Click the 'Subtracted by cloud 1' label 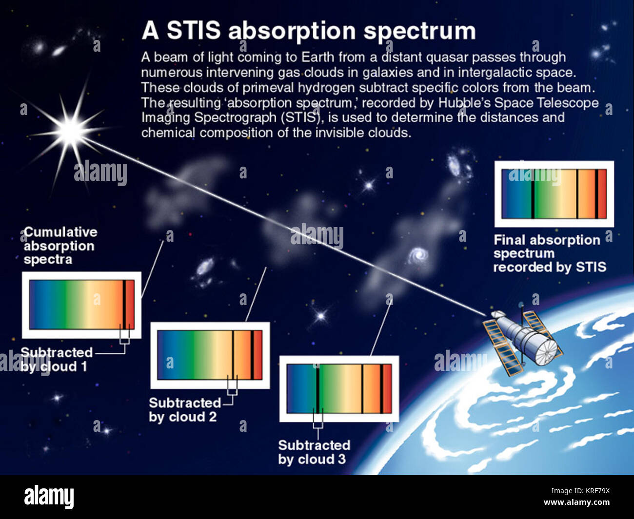tap(57, 360)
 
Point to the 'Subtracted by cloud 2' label tap(184, 410)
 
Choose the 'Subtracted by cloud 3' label tap(314, 452)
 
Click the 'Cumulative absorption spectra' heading tap(59, 246)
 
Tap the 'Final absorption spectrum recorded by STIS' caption tap(549, 253)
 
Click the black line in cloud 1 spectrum tap(124, 305)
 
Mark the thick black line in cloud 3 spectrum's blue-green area tap(317, 388)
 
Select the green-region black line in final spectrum tap(533, 194)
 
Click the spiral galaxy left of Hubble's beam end tap(418, 254)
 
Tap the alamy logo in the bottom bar tap(49, 497)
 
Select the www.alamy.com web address tap(576, 503)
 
